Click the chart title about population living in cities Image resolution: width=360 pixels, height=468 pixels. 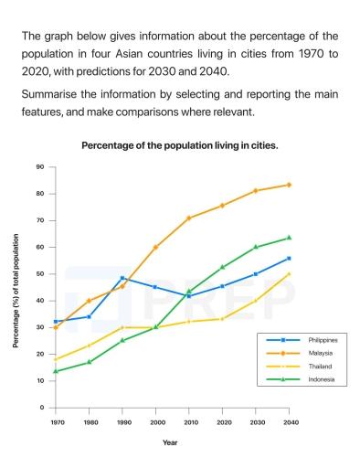(x=180, y=145)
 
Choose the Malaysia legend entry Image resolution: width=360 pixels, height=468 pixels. (x=308, y=352)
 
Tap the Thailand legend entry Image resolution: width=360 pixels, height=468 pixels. (x=307, y=366)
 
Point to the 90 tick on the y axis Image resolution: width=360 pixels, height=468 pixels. (x=40, y=167)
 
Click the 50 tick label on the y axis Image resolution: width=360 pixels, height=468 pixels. (x=40, y=274)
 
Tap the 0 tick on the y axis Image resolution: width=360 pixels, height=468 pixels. (x=42, y=408)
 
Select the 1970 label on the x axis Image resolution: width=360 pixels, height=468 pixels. (x=56, y=421)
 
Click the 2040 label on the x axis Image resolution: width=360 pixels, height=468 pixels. (x=290, y=421)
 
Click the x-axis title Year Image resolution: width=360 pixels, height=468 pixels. (x=171, y=442)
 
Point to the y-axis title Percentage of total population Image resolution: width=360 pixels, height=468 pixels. (x=16, y=290)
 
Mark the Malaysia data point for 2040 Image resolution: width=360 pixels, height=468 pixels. (x=289, y=185)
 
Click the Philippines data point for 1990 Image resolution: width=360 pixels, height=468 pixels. (x=122, y=278)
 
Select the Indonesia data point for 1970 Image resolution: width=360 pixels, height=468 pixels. (x=56, y=371)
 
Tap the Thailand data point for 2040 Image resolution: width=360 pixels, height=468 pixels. (x=289, y=273)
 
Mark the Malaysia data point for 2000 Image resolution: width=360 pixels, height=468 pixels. (x=155, y=247)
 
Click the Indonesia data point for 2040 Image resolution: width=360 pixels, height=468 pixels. (x=289, y=238)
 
